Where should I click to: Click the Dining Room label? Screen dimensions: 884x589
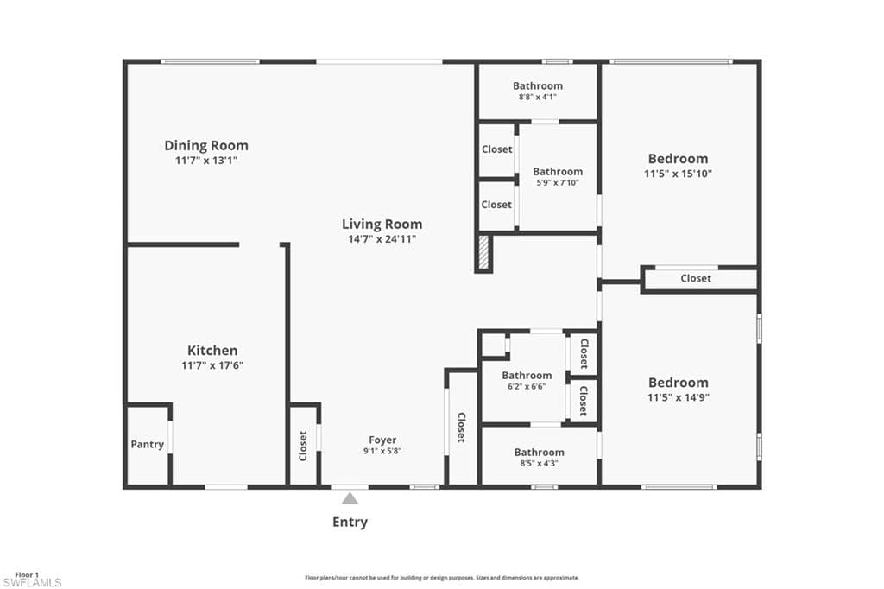206,146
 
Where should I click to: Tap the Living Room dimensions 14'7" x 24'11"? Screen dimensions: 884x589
382,239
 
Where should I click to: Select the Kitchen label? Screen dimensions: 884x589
212,351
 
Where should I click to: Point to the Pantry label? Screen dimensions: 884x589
148,445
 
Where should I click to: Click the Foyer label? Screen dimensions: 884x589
382,440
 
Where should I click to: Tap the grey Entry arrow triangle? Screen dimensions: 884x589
350,498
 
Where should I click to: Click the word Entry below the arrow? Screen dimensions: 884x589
350,522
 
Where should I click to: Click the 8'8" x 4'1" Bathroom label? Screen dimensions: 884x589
538,85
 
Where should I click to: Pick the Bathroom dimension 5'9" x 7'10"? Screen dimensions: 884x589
558,183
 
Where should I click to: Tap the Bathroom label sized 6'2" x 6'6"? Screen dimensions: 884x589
527,376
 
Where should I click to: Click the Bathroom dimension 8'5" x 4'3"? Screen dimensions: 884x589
540,464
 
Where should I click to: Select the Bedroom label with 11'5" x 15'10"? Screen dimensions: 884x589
679,159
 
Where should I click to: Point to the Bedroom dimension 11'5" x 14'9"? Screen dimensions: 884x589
679,397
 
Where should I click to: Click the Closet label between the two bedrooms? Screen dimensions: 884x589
696,278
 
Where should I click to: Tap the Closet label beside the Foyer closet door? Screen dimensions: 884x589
303,446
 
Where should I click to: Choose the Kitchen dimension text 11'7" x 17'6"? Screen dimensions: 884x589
212,365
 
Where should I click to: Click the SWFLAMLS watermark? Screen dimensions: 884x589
32,582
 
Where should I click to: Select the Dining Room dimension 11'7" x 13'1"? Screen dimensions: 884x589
206,161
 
